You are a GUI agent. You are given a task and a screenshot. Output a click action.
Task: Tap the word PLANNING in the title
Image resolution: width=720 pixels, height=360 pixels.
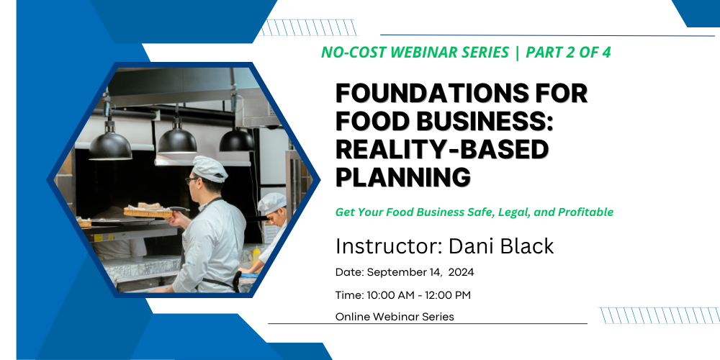[403, 177]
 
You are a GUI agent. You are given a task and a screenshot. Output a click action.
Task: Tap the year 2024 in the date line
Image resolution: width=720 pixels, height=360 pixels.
[461, 272]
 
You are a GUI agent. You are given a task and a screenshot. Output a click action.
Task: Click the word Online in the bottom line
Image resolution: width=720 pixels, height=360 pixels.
[353, 317]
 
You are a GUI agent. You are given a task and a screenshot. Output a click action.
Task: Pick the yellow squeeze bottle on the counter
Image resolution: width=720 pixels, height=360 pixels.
[256, 256]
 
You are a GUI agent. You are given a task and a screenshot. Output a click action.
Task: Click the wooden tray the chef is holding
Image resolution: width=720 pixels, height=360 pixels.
[148, 212]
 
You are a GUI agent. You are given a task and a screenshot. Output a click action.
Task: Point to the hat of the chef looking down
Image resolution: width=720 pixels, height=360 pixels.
[272, 204]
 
